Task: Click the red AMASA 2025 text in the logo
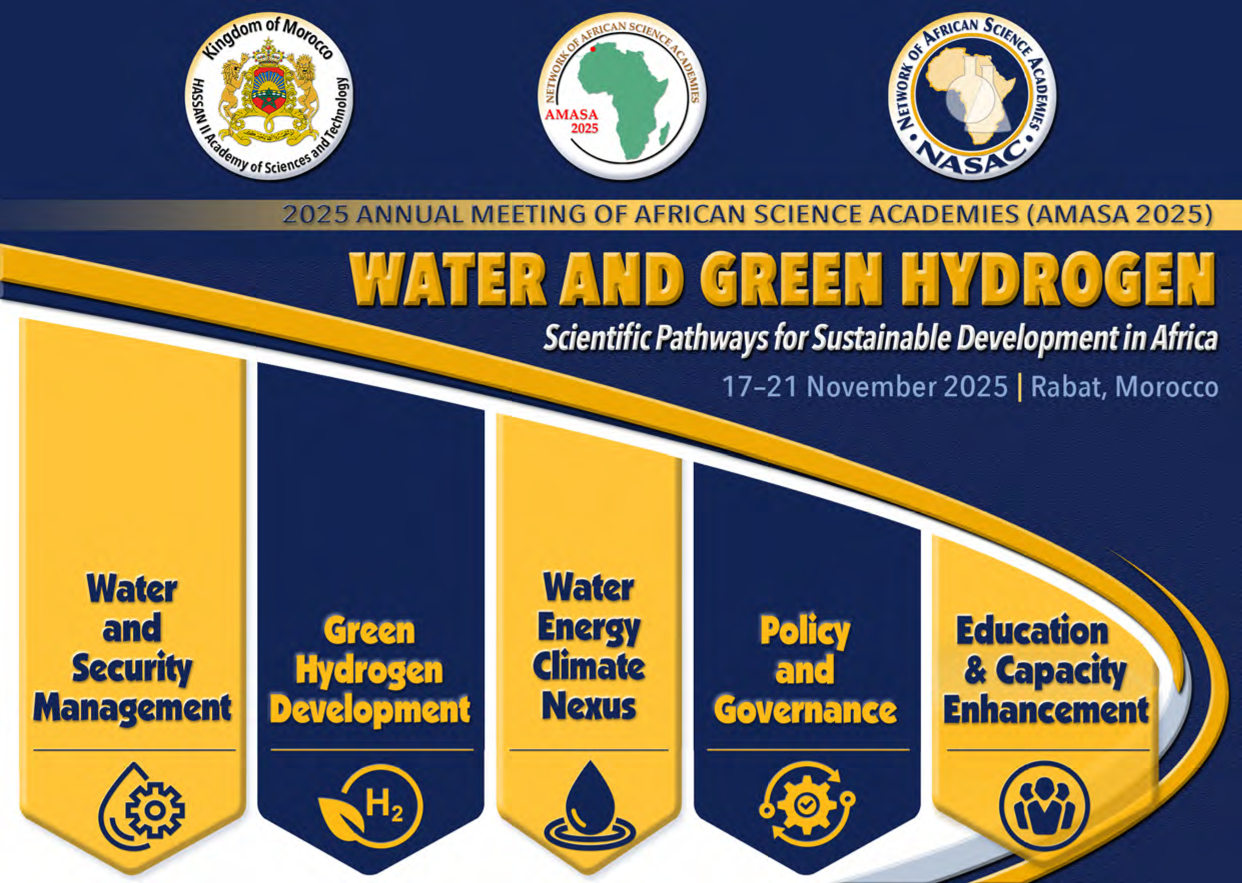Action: [572, 121]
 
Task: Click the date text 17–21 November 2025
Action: [865, 387]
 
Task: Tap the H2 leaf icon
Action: [370, 807]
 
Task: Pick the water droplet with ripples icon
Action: [590, 806]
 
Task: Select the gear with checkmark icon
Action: [807, 803]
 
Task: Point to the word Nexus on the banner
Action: [589, 706]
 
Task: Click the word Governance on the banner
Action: [805, 710]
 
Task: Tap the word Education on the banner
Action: [1032, 631]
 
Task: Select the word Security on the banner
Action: [132, 669]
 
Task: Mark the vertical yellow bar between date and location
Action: [1019, 388]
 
